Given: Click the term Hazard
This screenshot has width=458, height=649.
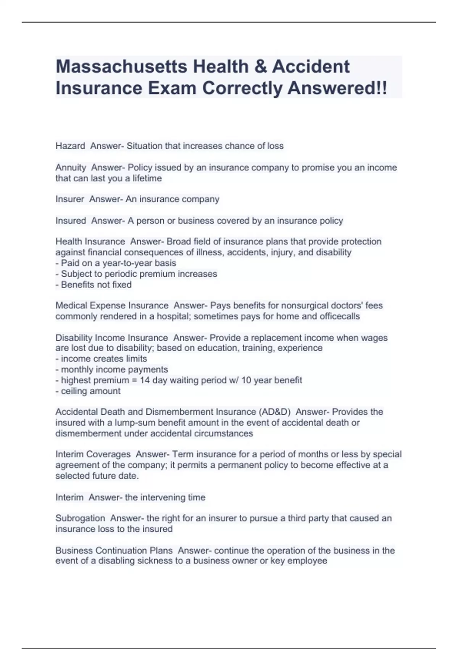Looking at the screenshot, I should [x=70, y=146].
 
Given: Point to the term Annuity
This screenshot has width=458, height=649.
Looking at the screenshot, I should [x=71, y=168].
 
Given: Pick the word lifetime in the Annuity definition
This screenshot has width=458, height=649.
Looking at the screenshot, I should [x=147, y=178].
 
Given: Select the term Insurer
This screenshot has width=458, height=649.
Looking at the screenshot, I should [x=69, y=199].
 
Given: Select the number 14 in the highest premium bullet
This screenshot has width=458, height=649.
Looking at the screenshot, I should [x=145, y=380].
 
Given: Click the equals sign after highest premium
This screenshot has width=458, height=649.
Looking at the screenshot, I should [x=134, y=380].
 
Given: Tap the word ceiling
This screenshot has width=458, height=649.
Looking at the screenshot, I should [x=74, y=391].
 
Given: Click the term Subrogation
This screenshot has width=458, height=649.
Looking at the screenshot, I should [x=80, y=518].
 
